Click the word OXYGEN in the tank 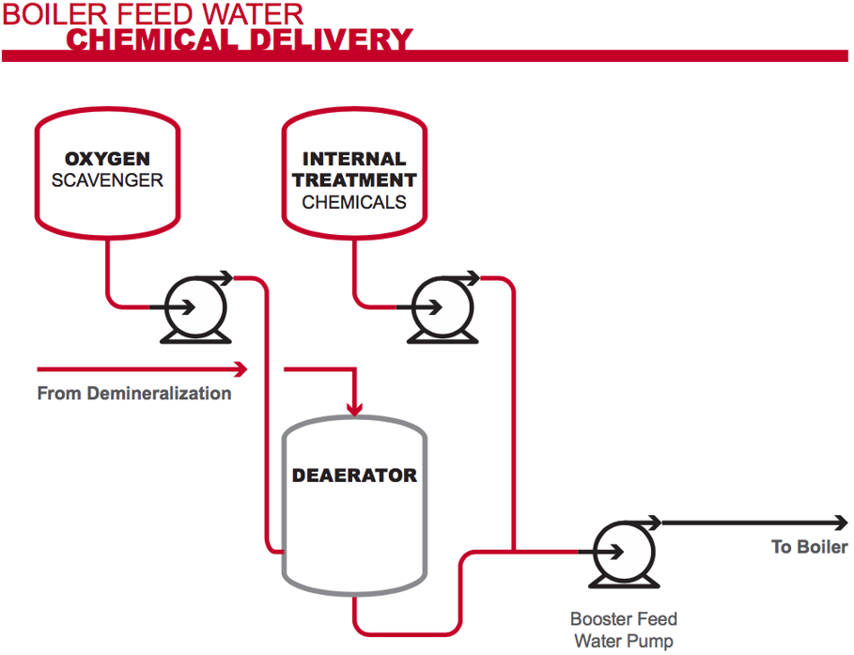106,159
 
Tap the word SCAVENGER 106,180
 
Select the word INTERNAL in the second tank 354,159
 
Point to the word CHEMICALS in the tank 354,202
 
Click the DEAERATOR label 354,475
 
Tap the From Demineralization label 133,393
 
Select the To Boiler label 809,547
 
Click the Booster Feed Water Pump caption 623,631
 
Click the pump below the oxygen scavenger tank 194,305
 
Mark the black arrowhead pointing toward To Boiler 840,522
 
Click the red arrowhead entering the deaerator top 354,409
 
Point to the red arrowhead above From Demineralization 241,366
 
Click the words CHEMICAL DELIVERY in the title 240,40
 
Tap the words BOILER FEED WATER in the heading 153,14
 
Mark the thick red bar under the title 426,56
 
